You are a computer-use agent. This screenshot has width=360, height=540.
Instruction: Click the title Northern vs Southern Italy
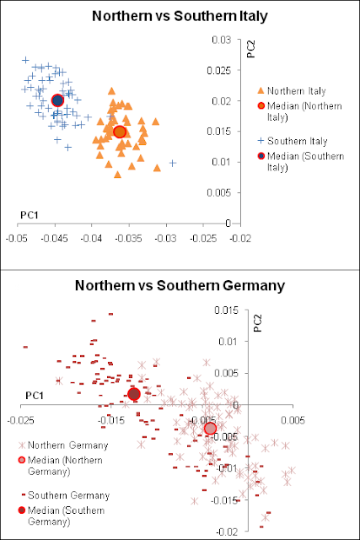point(180,16)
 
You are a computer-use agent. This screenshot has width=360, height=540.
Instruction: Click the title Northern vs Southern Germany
point(180,286)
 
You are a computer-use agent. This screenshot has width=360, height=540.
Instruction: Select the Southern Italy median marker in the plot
point(57,100)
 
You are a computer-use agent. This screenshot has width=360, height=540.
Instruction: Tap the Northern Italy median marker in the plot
point(120,132)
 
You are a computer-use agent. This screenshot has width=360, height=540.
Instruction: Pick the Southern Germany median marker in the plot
point(133,394)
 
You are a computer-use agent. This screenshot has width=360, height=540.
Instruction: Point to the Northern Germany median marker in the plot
point(210,429)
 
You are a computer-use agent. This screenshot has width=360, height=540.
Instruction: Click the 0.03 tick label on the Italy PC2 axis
point(221,40)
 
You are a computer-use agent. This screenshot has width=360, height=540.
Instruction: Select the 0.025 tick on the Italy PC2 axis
point(219,71)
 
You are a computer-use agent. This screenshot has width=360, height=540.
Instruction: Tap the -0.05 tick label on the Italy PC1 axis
point(17,238)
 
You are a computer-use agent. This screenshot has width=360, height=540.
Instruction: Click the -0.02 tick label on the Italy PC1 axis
point(240,238)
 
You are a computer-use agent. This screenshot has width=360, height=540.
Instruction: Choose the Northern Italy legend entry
point(292,91)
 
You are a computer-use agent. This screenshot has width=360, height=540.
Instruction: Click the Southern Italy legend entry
point(293,141)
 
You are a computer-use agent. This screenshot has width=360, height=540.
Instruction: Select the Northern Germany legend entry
point(63,445)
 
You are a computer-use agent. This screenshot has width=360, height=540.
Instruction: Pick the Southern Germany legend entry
point(65,495)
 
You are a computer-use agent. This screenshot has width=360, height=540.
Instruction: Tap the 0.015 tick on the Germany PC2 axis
point(226,310)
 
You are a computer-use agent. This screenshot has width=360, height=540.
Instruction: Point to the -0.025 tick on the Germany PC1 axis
point(21,420)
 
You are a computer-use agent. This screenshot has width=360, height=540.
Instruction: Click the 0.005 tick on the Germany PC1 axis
point(293,420)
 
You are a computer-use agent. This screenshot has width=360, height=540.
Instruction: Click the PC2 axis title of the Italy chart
point(251,49)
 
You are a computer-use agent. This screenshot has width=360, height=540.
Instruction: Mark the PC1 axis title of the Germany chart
point(35,396)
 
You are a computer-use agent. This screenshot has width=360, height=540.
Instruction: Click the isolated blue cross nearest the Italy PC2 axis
point(173,163)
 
